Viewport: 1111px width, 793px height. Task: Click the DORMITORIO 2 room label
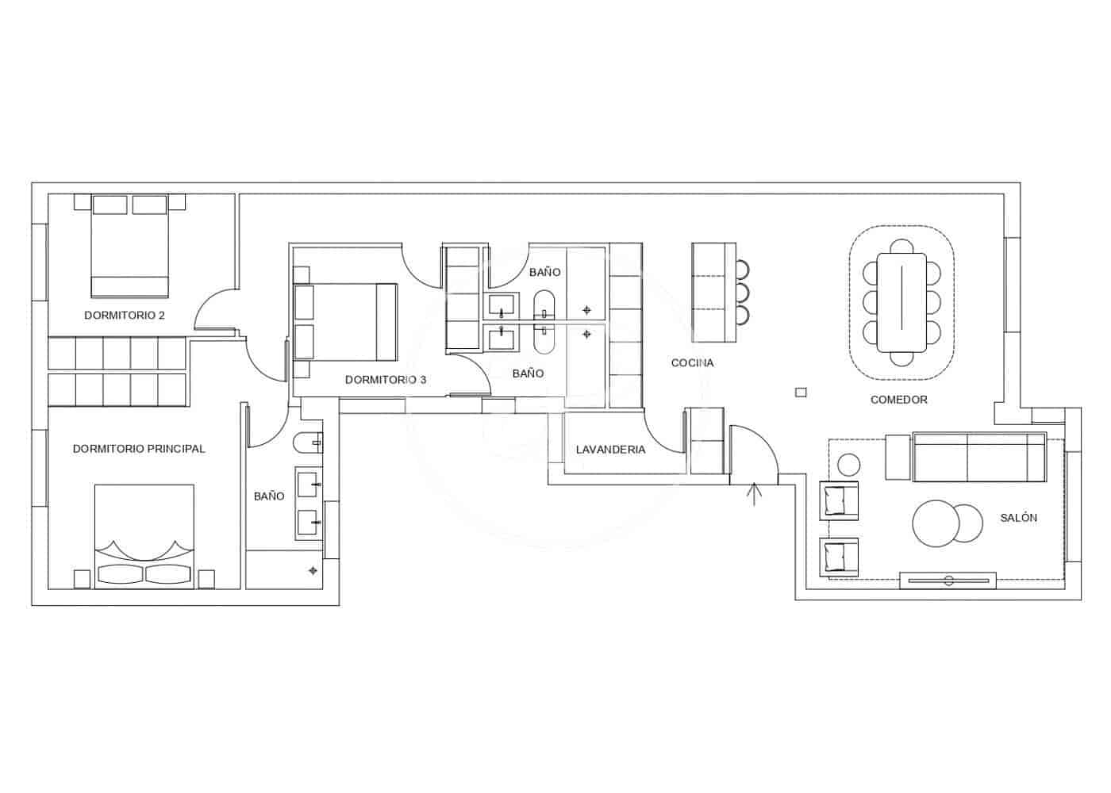[x=125, y=316]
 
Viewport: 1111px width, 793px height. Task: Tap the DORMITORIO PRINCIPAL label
[x=139, y=449]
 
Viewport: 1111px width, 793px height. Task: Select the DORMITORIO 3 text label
[x=386, y=380]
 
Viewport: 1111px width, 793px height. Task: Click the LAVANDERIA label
[x=610, y=450]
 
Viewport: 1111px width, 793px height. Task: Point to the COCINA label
[x=692, y=363]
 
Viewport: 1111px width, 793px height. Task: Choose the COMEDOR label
[x=898, y=400]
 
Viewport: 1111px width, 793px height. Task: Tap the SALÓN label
[x=1018, y=518]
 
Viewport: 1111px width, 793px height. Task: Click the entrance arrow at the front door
[x=755, y=493]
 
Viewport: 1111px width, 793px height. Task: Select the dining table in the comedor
[x=901, y=302]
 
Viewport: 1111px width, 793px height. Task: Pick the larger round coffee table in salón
[x=936, y=523]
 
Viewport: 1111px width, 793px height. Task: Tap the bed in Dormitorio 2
[x=130, y=246]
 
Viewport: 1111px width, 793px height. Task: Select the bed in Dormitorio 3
[x=347, y=322]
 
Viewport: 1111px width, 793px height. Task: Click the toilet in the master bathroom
[x=306, y=442]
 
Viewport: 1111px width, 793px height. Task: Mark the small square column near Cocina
[x=801, y=392]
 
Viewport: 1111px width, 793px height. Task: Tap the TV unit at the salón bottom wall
[x=948, y=580]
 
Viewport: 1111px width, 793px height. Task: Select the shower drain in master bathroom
[x=313, y=570]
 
